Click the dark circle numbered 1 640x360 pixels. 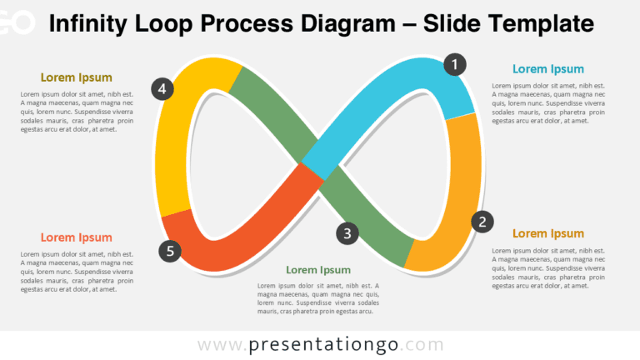(455, 64)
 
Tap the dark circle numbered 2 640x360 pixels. (482, 222)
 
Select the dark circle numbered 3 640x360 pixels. (347, 233)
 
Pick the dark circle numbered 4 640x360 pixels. (162, 89)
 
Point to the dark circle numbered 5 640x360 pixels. (170, 251)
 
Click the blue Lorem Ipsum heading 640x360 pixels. (548, 69)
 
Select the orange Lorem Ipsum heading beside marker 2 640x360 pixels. (548, 233)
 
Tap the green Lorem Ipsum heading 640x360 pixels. (318, 270)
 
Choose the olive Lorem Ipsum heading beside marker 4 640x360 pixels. (77, 77)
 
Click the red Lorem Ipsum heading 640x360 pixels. (77, 237)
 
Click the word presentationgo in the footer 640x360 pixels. (323, 344)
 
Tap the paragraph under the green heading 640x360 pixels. (318, 298)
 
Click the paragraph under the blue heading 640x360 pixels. (548, 103)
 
